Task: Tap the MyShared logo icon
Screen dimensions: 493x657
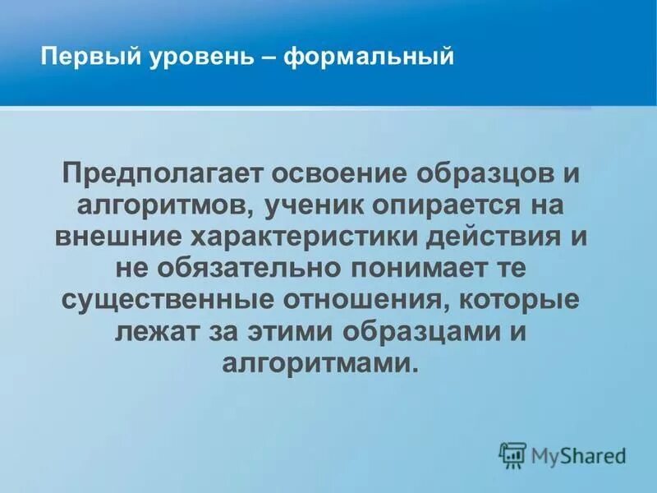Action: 512,454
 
